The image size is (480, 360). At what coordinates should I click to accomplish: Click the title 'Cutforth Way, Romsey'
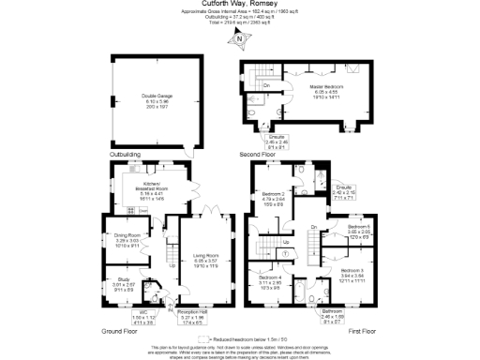point(240,5)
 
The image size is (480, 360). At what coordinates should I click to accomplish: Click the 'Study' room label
point(124,280)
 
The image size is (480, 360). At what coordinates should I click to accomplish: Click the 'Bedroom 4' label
point(270,280)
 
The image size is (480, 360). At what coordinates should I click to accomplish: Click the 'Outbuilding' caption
point(125,154)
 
